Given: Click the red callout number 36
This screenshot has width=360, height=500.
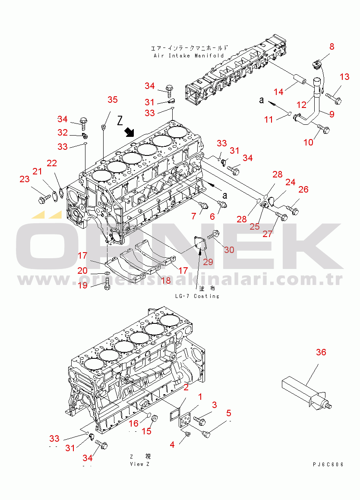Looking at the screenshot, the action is tap(321, 352).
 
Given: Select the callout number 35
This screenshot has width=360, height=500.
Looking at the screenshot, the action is tap(113, 99).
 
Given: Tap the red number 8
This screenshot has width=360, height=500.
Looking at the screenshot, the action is tap(332, 47).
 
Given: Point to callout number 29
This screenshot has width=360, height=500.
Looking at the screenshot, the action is tap(208, 262).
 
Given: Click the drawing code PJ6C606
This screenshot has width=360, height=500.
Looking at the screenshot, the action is tap(328, 465).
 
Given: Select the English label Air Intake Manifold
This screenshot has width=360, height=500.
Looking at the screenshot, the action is tap(189, 56).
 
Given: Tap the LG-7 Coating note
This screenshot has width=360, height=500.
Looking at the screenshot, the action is tap(197, 296).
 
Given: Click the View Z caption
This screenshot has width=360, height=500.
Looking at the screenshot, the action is tap(139, 464).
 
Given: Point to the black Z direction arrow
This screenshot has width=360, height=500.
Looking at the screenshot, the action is tap(129, 131).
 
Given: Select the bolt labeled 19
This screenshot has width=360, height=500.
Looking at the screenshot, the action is tap(107, 284).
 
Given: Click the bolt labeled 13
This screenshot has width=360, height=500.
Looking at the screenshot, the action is tap(333, 98).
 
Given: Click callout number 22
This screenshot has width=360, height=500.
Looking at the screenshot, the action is tap(52, 163).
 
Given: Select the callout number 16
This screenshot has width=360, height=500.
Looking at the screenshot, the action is tap(133, 423).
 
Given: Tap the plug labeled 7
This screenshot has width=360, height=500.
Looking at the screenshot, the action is tap(203, 205).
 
